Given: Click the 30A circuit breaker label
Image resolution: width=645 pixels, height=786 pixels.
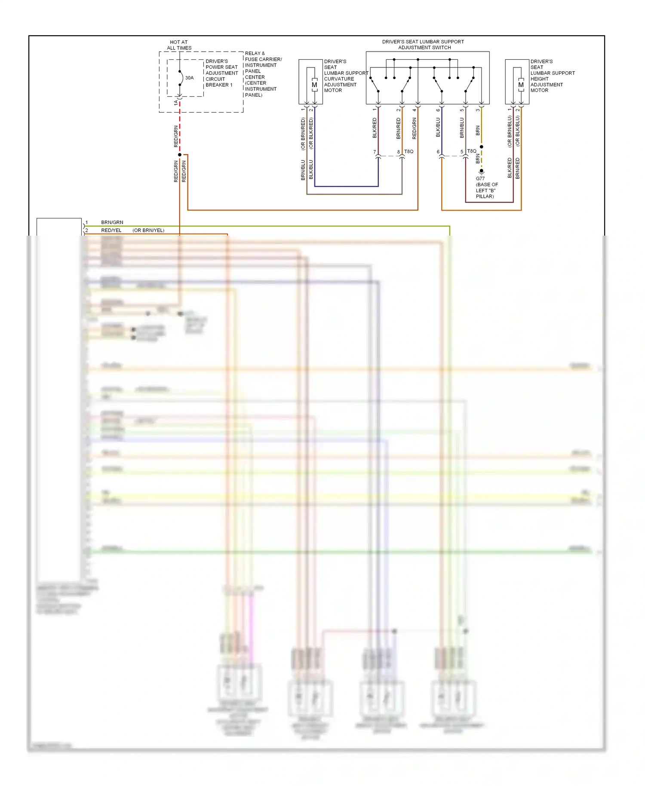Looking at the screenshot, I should pyautogui.click(x=189, y=78).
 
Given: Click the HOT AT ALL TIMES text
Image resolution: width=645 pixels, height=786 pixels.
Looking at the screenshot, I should pyautogui.click(x=179, y=45).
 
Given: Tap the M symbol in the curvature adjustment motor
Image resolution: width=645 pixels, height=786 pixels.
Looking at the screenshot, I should pyautogui.click(x=314, y=85).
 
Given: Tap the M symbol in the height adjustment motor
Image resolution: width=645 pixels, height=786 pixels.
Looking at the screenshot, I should pyautogui.click(x=521, y=85).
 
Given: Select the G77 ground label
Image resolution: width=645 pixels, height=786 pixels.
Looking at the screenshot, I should pyautogui.click(x=480, y=178).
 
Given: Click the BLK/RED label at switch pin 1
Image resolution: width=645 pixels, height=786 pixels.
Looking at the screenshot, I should pyautogui.click(x=375, y=128).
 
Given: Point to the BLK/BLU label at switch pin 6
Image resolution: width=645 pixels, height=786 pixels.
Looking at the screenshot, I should pyautogui.click(x=438, y=128).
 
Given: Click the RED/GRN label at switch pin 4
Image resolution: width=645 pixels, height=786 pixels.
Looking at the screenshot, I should pyautogui.click(x=415, y=128).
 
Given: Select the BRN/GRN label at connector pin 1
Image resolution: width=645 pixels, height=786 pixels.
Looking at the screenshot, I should pyautogui.click(x=112, y=222).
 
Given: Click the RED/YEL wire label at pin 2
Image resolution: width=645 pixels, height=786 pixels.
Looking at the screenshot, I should pyautogui.click(x=111, y=230).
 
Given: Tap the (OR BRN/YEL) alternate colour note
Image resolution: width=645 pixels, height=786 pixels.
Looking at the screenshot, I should pyautogui.click(x=148, y=230).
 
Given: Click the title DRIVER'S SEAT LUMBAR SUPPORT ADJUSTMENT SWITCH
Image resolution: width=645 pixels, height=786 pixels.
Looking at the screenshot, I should pyautogui.click(x=423, y=45).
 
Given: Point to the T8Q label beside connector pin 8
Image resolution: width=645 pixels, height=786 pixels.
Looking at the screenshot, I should pyautogui.click(x=408, y=151).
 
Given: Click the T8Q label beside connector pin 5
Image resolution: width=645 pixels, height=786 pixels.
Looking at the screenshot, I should pyautogui.click(x=472, y=151).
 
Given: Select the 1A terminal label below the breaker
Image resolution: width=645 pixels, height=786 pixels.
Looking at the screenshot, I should pyautogui.click(x=175, y=103).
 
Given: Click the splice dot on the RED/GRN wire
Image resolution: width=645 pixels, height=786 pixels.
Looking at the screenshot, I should pyautogui.click(x=180, y=155).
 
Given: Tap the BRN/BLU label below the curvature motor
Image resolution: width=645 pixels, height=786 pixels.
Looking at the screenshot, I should pyautogui.click(x=303, y=170).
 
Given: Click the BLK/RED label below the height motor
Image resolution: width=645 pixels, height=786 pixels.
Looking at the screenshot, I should pyautogui.click(x=510, y=168).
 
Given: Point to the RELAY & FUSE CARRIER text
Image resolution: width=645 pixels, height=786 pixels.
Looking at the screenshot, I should pyautogui.click(x=263, y=56).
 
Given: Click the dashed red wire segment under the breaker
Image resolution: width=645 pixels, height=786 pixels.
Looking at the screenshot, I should pyautogui.click(x=180, y=129).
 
